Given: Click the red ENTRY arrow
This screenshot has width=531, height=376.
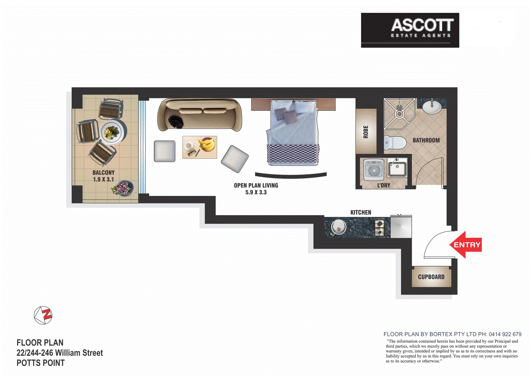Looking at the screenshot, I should coord(466,245).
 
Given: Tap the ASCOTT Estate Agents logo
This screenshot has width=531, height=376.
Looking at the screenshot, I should coord(410,30).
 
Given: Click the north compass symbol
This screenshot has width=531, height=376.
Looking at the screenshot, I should coord(43,315).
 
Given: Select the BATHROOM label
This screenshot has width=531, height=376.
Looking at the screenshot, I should coord(426,140).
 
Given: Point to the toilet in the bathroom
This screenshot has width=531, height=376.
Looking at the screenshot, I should coord(395,143).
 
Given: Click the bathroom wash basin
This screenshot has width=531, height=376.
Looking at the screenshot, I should coord(432,107).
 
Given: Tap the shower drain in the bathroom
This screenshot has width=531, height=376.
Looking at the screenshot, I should coord(399,113).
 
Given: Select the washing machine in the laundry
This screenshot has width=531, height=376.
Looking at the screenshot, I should coord(374,170).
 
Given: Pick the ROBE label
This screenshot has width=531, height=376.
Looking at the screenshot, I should coord(366,132).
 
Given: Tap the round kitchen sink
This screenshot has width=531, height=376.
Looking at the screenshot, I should coord(338,227).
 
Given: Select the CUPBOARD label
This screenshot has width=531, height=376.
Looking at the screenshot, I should coord(431,277).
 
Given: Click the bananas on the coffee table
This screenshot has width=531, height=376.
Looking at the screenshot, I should coord(207,144).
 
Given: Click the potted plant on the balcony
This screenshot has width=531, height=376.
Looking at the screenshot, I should coord(122,189).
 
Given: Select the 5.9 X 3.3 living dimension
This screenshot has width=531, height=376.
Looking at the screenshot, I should coord(256,192).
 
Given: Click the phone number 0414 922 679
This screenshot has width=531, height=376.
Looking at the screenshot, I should coord(505,334).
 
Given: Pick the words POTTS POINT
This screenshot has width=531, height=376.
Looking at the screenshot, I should coord(41,363).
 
